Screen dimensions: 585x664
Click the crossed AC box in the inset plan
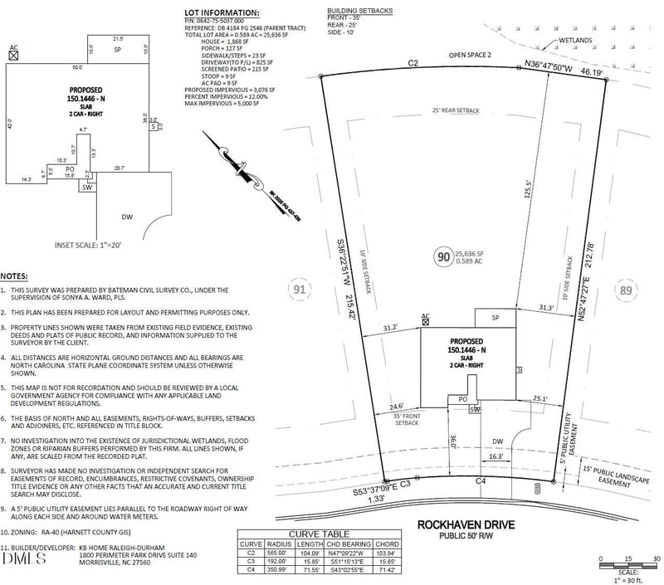[x=13, y=54]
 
